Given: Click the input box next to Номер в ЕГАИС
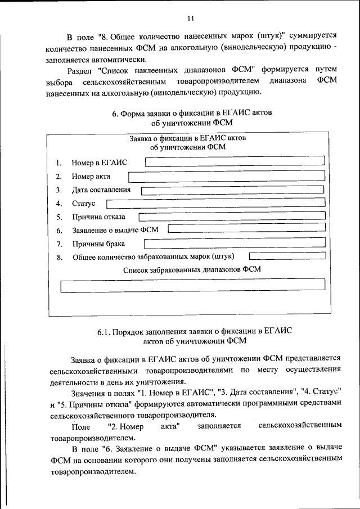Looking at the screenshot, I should [235, 162].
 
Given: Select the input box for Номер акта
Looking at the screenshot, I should [227, 177].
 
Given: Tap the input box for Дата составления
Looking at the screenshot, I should [232, 190].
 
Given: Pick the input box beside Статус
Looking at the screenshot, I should [215, 203].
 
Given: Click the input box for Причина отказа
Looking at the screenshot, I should [231, 217].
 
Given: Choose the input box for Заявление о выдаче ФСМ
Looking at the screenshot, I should [246, 229].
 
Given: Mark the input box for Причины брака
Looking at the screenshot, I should [235, 244].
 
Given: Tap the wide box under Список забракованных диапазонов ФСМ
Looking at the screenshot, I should [192, 286].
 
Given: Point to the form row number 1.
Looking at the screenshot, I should [58, 163].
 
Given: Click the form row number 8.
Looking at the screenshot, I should [58, 258].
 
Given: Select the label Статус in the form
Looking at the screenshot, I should [84, 203].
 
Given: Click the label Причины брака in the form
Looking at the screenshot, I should [98, 244].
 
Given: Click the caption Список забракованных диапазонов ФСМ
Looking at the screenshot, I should [192, 269].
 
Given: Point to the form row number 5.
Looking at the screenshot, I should [58, 217].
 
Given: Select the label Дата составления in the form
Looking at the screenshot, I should [101, 190].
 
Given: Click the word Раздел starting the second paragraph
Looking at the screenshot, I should [79, 70].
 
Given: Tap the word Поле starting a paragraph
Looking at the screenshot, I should [82, 427].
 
